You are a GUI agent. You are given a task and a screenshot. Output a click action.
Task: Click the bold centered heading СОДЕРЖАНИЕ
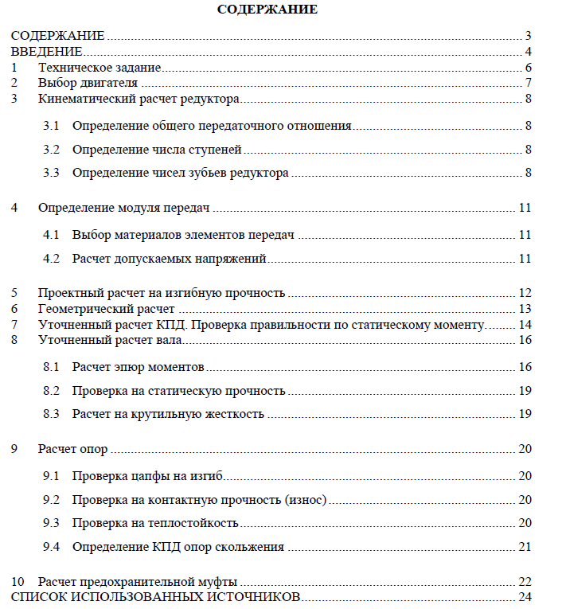point(267,10)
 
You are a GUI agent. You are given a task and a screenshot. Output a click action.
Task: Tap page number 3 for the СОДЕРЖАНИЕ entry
point(528,36)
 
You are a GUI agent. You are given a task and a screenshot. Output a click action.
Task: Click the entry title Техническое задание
point(100,68)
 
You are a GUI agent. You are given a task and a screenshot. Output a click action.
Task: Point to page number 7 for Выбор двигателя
point(528,83)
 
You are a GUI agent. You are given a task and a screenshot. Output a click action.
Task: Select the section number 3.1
point(52,126)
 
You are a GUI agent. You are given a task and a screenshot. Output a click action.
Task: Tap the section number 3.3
point(52,173)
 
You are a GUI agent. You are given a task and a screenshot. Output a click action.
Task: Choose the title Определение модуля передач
point(123,208)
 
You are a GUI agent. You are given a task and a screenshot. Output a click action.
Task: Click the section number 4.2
point(52,258)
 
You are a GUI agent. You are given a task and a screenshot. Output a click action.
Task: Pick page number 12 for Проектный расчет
point(525,293)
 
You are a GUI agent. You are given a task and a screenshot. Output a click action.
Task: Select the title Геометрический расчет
point(106,309)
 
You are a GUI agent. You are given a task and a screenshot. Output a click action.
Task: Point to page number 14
point(525,325)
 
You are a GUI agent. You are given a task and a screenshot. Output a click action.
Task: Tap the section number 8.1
point(52,367)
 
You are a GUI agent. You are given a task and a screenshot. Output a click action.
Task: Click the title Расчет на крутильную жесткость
point(168,414)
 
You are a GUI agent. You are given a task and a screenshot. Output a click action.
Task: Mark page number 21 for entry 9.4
point(525,547)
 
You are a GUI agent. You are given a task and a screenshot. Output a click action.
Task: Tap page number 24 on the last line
point(525,597)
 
